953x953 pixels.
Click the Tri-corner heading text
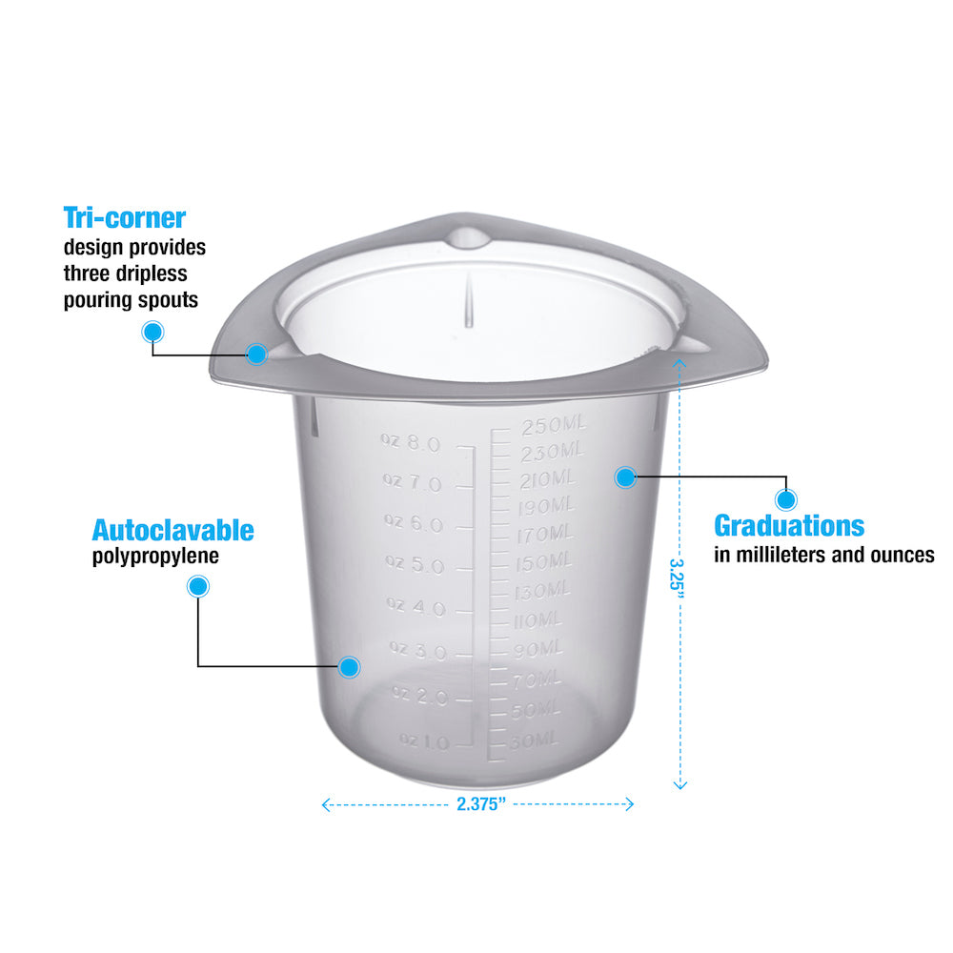124,218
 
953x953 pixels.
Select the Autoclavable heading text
172,530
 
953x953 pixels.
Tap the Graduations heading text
789,525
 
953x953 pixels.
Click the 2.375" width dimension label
479,803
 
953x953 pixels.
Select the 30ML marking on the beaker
533,740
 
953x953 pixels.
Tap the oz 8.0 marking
411,442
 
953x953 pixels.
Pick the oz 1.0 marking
423,740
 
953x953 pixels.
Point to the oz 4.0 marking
416,606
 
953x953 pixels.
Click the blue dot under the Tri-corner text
152,332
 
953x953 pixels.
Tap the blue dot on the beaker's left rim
255,355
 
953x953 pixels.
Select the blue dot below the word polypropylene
198,587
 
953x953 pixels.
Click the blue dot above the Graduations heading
786,498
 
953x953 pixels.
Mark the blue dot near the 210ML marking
625,476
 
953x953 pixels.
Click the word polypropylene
155,557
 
